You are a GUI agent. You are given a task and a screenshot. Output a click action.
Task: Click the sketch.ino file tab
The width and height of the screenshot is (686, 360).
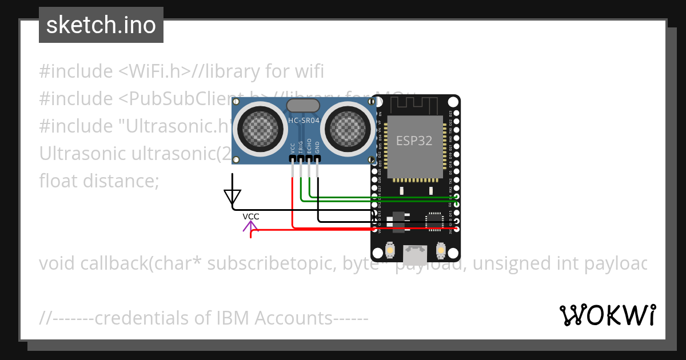point(101,25)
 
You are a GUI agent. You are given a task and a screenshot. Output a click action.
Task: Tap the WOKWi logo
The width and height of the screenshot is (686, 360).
point(607,315)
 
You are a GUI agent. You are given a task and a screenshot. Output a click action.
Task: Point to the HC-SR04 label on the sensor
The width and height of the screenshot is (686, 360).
point(304,121)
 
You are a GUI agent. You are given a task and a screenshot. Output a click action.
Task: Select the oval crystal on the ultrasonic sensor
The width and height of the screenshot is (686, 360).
point(303,106)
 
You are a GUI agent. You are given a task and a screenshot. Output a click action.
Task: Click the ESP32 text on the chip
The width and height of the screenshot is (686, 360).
point(414,141)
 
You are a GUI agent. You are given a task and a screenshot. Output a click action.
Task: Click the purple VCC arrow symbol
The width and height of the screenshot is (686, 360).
point(250,227)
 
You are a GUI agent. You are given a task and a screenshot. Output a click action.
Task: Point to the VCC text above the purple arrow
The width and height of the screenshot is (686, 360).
point(250,217)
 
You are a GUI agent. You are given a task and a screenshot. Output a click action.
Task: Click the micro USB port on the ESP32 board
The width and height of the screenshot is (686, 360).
point(414,251)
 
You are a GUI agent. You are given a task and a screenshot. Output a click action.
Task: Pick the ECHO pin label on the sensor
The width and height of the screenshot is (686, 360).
point(309,145)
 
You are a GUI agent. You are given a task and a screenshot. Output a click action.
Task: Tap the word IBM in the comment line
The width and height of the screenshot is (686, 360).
point(234,318)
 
